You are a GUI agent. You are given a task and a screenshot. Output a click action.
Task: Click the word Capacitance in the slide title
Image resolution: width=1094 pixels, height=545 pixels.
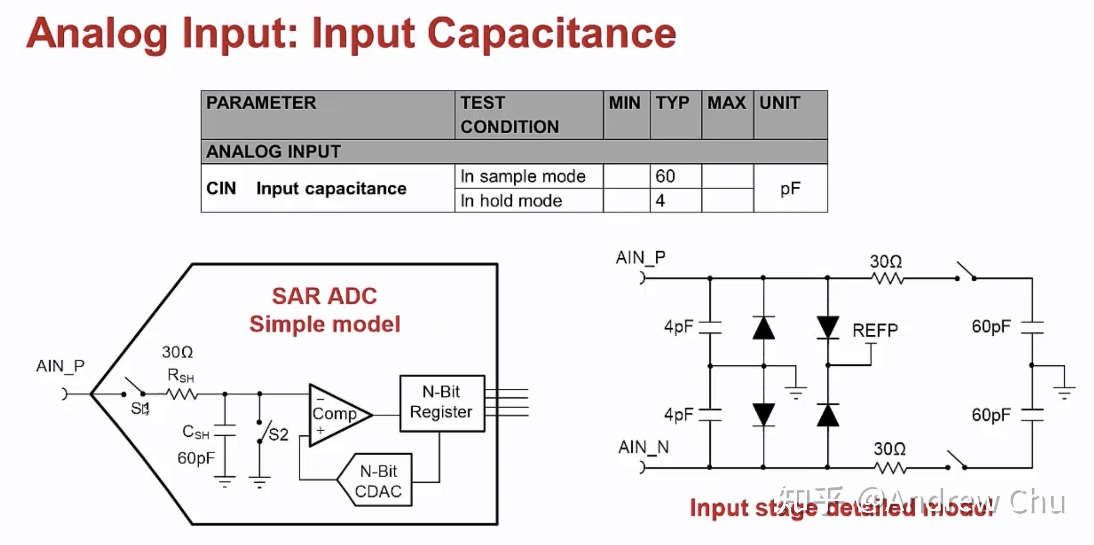click(551, 34)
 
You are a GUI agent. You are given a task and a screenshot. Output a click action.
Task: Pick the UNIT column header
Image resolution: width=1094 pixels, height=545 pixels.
click(779, 103)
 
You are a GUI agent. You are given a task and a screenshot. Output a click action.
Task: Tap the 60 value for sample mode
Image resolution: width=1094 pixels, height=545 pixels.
click(665, 176)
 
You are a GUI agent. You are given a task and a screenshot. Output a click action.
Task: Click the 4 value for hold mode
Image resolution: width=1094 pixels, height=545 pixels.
click(660, 201)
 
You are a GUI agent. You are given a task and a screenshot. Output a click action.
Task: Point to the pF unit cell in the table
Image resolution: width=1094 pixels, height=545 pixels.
click(790, 188)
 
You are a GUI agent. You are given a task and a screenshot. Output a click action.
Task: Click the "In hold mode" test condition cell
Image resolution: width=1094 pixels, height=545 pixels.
click(511, 201)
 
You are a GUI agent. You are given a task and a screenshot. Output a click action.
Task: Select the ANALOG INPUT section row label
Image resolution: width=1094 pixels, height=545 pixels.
click(273, 152)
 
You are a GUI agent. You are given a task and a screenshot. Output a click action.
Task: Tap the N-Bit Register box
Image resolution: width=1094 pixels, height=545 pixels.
click(442, 403)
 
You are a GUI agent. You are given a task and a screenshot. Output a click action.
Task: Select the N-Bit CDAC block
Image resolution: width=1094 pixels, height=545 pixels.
click(378, 481)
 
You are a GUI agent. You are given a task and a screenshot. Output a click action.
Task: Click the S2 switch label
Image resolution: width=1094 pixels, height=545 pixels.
click(278, 434)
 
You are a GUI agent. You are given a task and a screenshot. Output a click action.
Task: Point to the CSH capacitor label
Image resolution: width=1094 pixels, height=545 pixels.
click(196, 432)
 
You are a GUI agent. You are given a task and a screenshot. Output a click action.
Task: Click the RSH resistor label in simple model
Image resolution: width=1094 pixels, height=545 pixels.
click(180, 376)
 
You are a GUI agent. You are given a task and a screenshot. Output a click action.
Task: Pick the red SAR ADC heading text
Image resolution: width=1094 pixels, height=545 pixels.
click(324, 296)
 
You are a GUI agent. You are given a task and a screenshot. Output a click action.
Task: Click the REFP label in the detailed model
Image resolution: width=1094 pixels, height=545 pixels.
click(875, 331)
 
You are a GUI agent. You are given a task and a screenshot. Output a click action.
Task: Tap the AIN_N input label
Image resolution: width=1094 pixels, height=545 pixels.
click(644, 448)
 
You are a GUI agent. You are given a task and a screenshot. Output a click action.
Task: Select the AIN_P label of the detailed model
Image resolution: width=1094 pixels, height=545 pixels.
click(640, 258)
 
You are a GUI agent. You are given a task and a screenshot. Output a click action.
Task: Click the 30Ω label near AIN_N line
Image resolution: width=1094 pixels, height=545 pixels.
click(889, 449)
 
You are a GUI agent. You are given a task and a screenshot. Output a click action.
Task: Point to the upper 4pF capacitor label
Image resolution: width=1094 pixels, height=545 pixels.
click(678, 326)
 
